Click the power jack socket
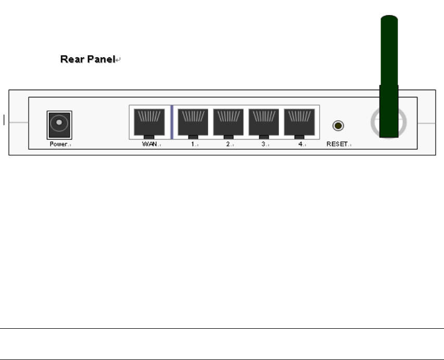(59, 125)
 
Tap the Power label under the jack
(59, 144)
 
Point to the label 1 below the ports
(192, 144)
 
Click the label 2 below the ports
(227, 144)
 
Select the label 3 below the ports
(263, 144)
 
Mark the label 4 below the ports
(300, 144)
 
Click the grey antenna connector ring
(374, 123)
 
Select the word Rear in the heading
(72, 59)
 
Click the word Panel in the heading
(100, 59)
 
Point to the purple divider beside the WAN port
(172, 122)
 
